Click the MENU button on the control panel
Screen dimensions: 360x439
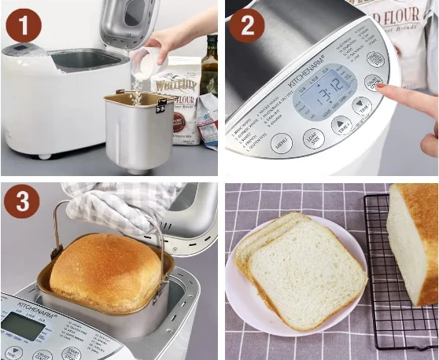click(x=281, y=142)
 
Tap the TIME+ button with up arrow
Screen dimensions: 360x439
click(x=341, y=123)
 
